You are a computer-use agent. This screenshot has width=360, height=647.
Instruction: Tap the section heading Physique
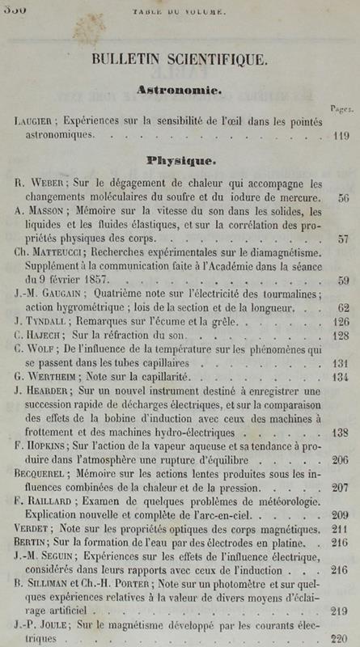pos(179,160)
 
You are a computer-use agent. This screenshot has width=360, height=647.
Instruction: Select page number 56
pos(343,197)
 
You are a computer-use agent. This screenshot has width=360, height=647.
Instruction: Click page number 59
pos(343,281)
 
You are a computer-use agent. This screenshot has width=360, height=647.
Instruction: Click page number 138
pos(339,433)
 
